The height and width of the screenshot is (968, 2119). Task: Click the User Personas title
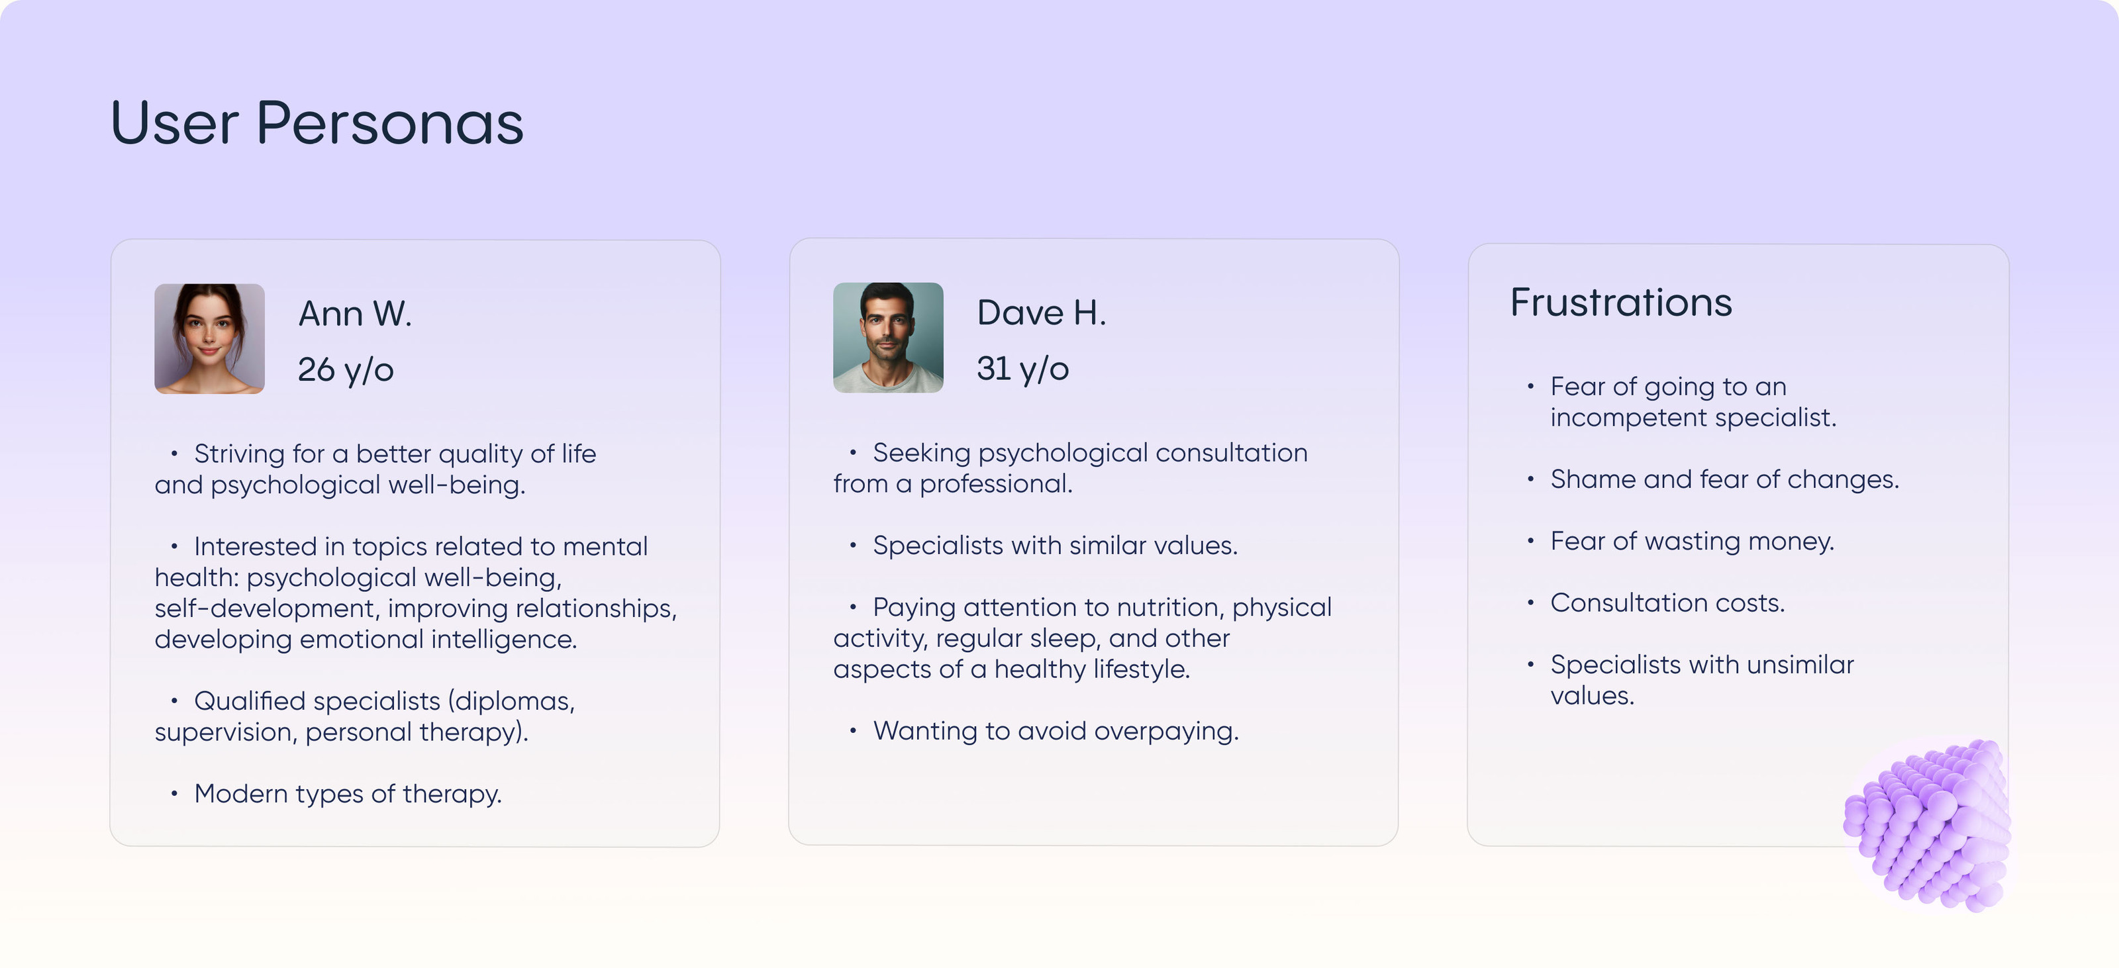[317, 123]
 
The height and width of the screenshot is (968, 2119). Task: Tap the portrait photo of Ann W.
[210, 339]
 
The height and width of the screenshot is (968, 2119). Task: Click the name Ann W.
[354, 313]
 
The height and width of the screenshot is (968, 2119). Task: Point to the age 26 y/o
[346, 370]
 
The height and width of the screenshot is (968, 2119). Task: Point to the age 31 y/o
[1022, 368]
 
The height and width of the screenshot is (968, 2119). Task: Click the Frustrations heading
[1620, 302]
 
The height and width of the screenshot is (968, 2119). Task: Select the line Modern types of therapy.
[347, 794]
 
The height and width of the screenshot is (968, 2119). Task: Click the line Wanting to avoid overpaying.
[1056, 731]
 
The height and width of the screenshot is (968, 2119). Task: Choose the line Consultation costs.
[1667, 603]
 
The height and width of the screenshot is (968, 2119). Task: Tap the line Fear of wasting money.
[1692, 541]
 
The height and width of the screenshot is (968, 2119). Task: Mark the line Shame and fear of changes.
[1724, 479]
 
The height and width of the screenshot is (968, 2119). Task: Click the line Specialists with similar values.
[1055, 546]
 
